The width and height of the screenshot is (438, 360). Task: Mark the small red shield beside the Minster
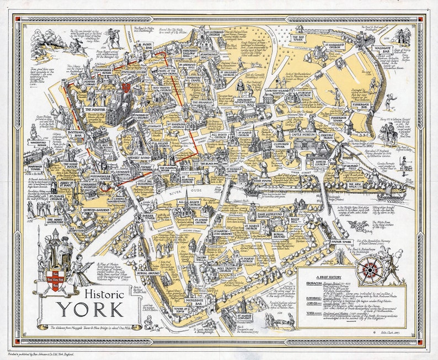point(126,87)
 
